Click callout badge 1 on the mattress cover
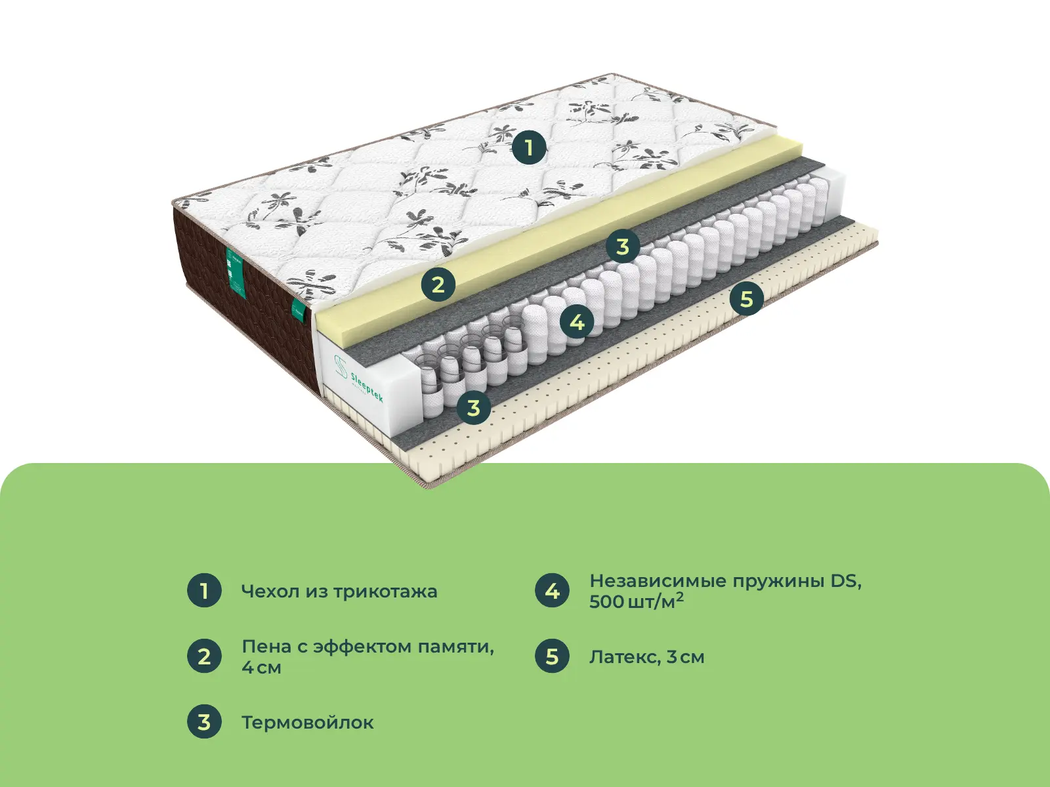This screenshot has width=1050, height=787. click(x=529, y=148)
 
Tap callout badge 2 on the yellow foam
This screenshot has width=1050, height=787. click(x=438, y=285)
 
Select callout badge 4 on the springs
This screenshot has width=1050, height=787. click(x=577, y=322)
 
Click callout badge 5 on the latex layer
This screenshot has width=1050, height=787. click(x=746, y=299)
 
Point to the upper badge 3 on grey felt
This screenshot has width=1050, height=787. click(x=622, y=247)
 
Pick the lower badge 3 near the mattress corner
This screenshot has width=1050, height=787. click(x=473, y=408)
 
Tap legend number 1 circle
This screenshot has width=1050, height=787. click(x=204, y=590)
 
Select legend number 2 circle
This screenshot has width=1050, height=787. click(x=204, y=656)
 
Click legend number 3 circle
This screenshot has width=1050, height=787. click(x=204, y=721)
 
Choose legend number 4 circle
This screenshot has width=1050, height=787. click(x=552, y=590)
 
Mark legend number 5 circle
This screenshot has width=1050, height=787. click(x=552, y=656)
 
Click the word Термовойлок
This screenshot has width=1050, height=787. click(x=307, y=723)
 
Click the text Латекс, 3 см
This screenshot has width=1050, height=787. click(x=646, y=657)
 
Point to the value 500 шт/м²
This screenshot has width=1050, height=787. click(x=635, y=601)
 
